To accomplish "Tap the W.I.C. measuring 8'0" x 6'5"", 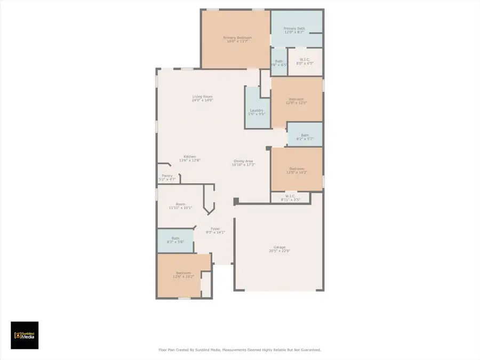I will (x=305, y=61).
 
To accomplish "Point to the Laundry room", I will (x=257, y=112).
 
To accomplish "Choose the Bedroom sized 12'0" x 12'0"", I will (x=297, y=101).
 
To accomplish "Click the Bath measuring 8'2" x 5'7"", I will (x=305, y=137).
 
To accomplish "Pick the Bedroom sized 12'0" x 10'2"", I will (x=297, y=170).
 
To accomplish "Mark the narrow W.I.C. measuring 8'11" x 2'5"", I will (x=290, y=198).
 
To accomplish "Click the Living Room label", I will (x=202, y=98).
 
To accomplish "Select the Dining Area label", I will (x=243, y=163).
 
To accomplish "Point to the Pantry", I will (x=167, y=178).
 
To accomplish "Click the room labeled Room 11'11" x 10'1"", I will (x=180, y=206).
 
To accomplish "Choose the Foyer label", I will (x=215, y=230).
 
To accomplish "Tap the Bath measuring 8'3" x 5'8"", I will (x=175, y=240).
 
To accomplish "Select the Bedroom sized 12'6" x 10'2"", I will (x=183, y=275).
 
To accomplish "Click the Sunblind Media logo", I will (x=25, y=335).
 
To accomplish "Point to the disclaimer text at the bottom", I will (x=239, y=350).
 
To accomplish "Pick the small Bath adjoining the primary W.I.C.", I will (x=279, y=62).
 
